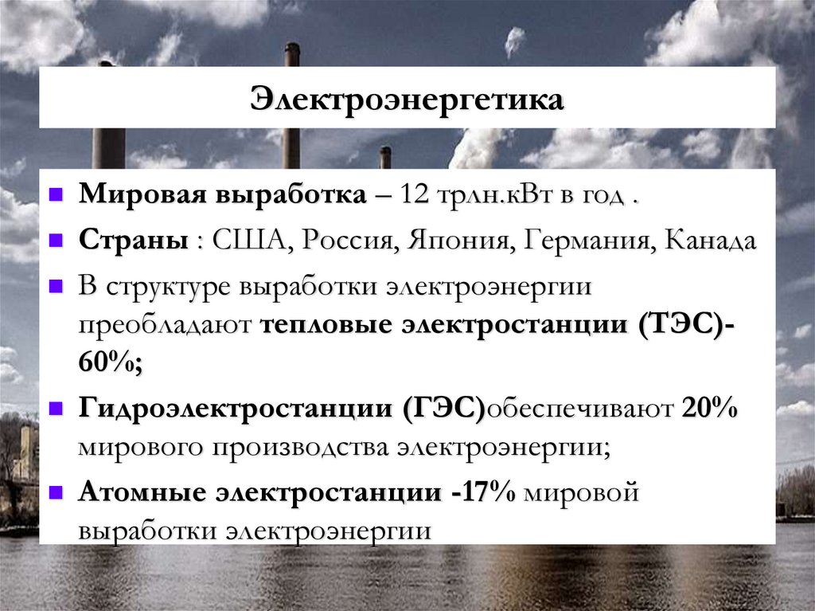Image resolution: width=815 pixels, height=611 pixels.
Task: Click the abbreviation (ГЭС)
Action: [x=444, y=409]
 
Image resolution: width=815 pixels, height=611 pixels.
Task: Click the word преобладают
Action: [x=164, y=327]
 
